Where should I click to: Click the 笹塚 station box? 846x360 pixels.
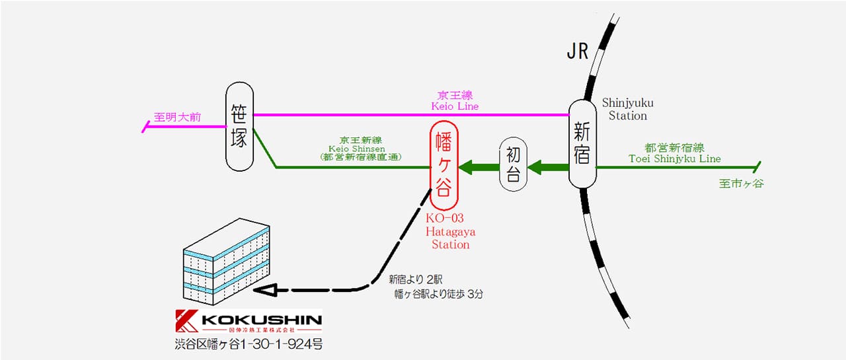(239, 127)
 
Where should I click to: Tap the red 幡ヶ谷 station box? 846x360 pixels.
(443, 165)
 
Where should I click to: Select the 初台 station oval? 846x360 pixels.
(514, 164)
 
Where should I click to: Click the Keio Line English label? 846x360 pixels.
(455, 106)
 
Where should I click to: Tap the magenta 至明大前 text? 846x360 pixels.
(177, 118)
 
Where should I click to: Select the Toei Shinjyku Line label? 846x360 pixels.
(673, 159)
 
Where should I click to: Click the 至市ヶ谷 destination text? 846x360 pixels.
(741, 184)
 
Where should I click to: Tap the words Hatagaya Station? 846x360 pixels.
(450, 238)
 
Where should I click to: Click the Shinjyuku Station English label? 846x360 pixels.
(624, 109)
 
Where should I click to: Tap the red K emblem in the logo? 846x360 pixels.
(186, 322)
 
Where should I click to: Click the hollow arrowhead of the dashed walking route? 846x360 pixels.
(265, 290)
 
